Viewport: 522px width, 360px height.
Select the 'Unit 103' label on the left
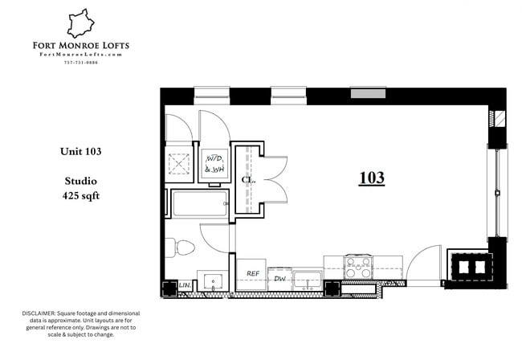[80, 151]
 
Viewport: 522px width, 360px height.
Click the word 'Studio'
[80, 181]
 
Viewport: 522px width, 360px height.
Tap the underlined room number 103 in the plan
[372, 178]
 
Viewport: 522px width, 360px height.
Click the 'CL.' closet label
[248, 180]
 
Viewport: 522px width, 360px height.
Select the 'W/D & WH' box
[214, 164]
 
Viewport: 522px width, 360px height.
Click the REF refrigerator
[251, 274]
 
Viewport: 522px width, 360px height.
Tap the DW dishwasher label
[279, 278]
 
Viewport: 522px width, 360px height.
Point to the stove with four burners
[358, 266]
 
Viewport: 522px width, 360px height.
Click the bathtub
[199, 203]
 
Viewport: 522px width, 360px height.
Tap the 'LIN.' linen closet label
[184, 285]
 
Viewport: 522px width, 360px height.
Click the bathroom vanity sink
[212, 281]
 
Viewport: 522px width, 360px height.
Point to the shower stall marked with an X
[180, 162]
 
